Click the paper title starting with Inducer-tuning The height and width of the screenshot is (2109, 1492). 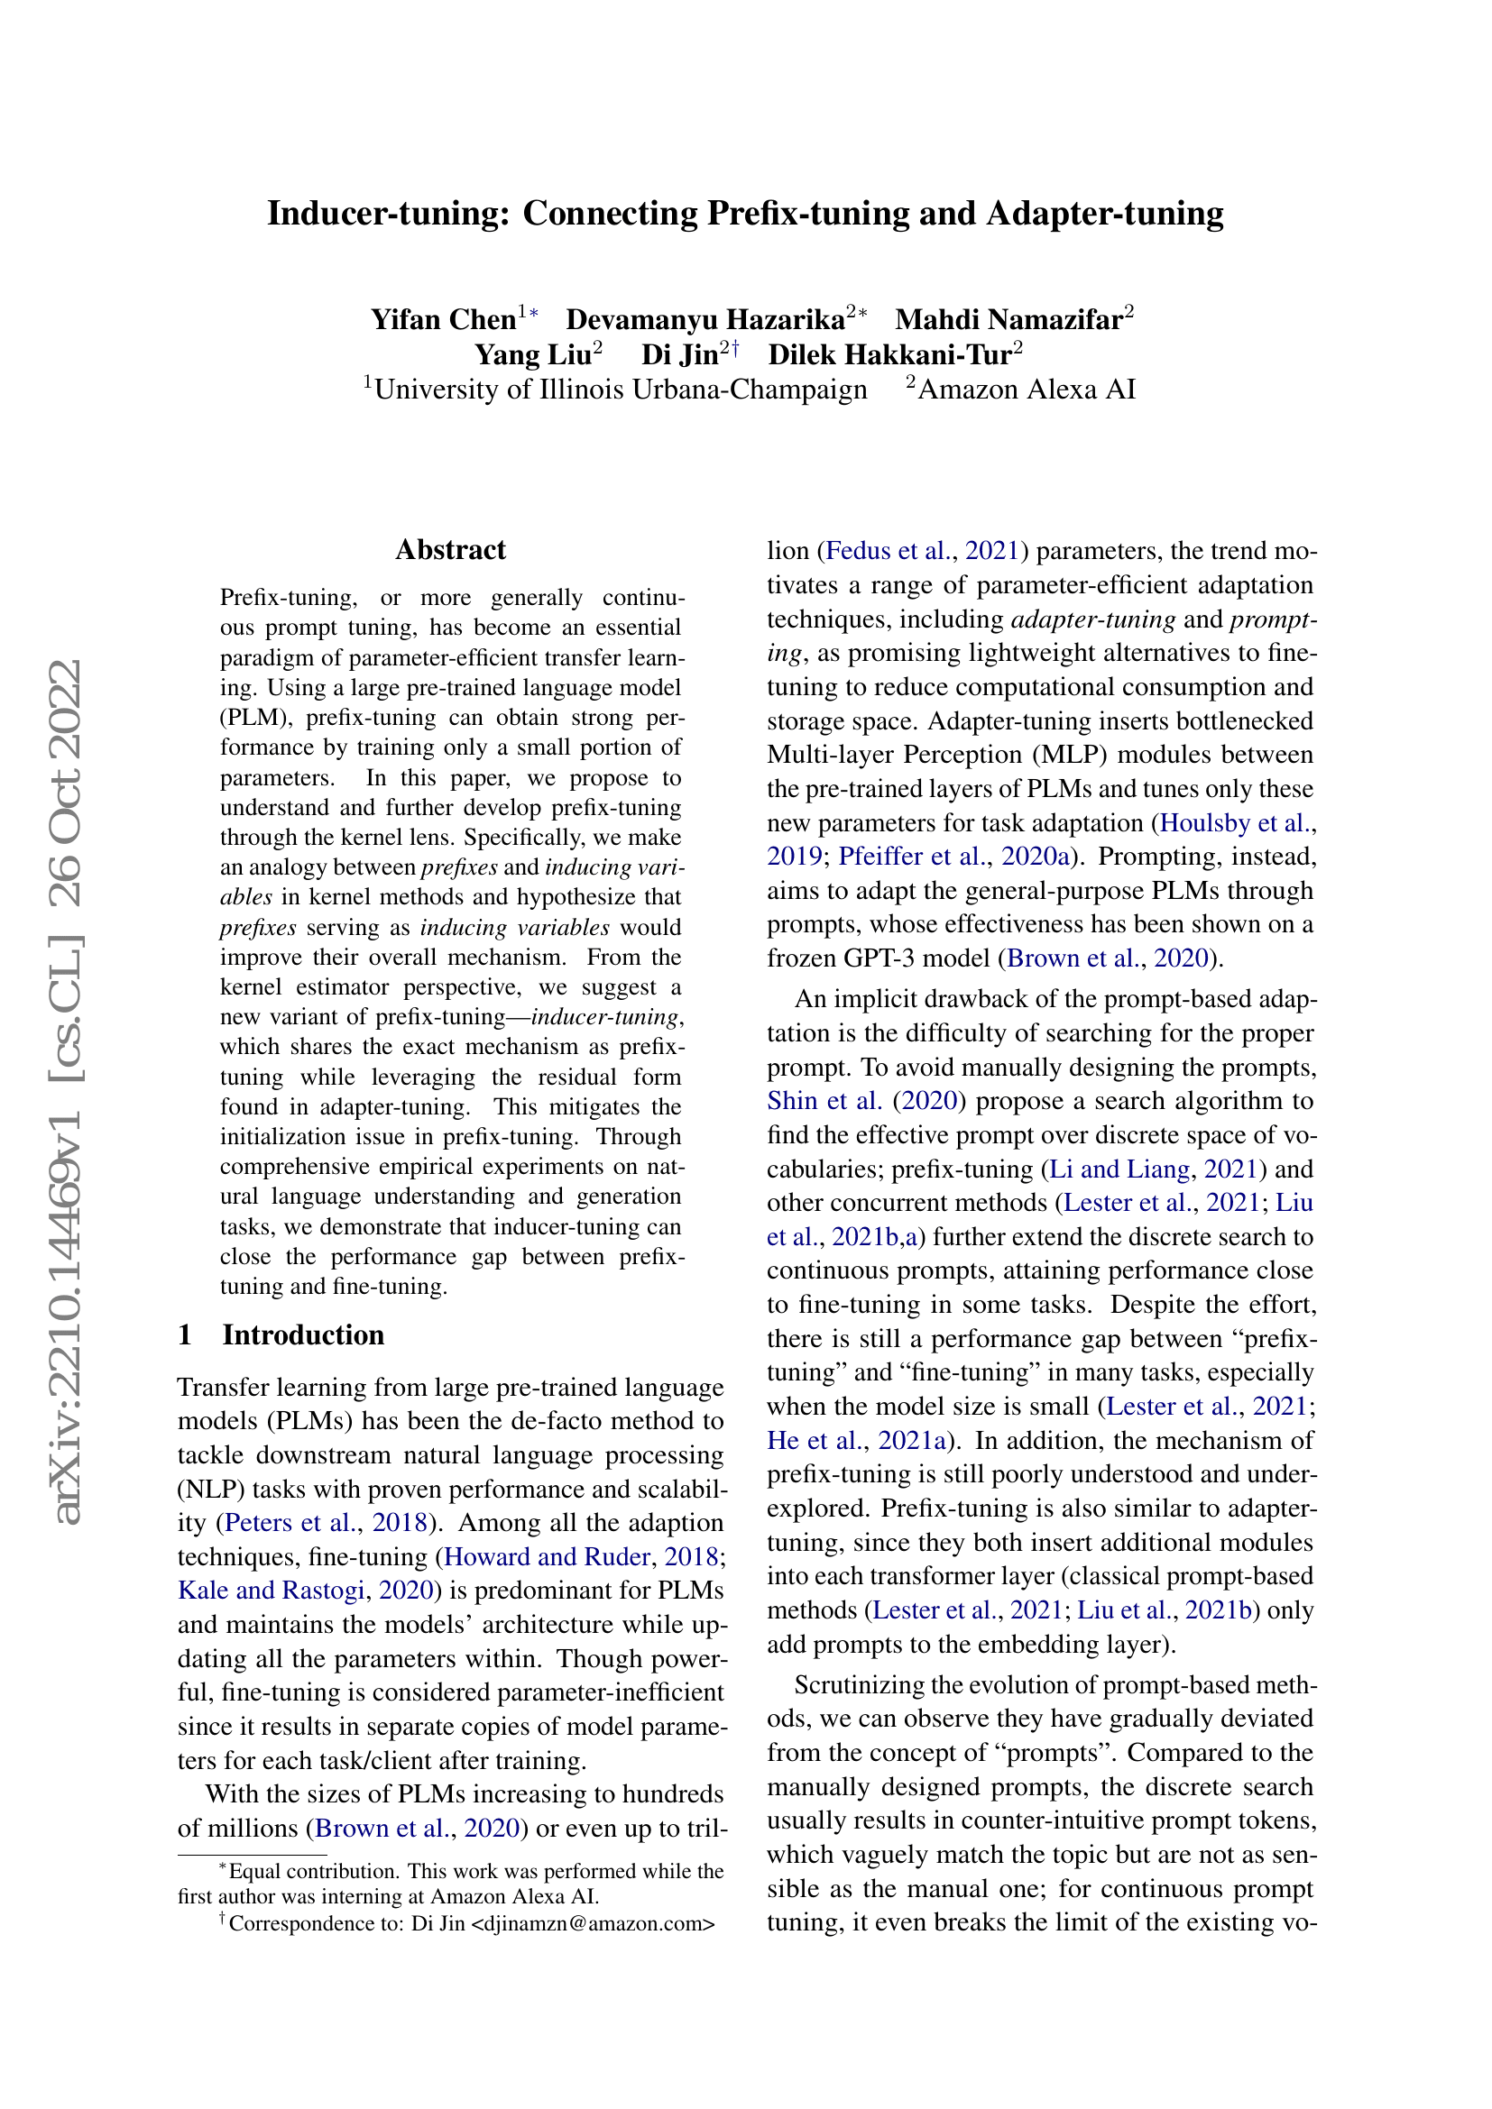coord(745,213)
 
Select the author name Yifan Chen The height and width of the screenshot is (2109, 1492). coord(443,320)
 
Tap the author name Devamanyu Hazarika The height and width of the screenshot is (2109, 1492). coord(705,320)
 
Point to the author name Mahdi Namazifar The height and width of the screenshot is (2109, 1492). coord(1008,320)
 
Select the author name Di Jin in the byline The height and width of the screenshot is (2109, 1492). coord(680,354)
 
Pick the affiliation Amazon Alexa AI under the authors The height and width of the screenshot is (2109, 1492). coord(1027,390)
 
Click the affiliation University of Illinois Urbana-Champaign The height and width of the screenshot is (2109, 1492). coord(620,390)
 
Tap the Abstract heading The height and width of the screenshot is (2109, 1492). coord(450,549)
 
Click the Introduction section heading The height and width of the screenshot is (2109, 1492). coord(302,1334)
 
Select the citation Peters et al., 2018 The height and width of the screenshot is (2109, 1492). coord(327,1522)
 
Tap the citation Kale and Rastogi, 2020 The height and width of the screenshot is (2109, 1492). coord(305,1590)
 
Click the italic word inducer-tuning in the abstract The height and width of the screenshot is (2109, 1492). coord(604,1017)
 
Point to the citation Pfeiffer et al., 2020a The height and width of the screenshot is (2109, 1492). coord(954,856)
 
